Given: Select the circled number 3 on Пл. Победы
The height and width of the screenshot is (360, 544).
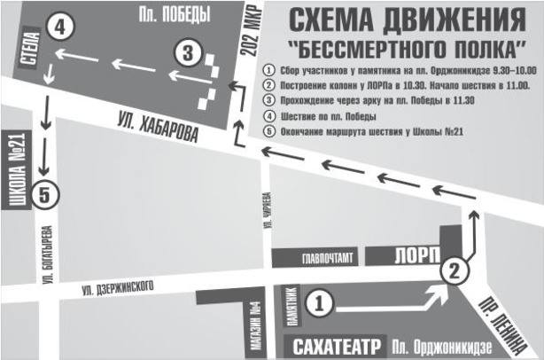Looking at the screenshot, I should [x=186, y=52].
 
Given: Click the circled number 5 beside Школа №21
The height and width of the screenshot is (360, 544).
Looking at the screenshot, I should [x=47, y=193].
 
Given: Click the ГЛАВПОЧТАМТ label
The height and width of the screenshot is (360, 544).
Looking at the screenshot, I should [x=326, y=260].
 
